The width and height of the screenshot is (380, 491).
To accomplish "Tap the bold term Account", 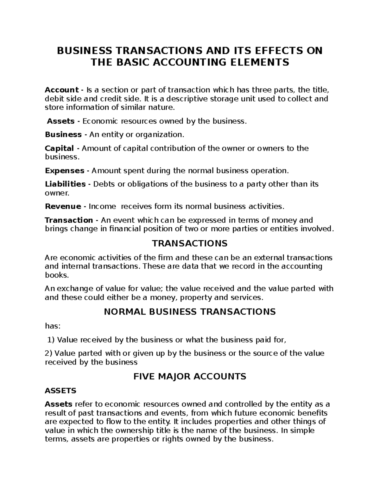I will pyautogui.click(x=61, y=90).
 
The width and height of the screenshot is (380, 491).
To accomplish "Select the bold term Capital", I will pyautogui.click(x=59, y=148).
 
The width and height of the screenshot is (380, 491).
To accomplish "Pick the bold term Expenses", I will pyautogui.click(x=65, y=171).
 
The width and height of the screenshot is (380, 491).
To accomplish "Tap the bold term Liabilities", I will pyautogui.click(x=65, y=184).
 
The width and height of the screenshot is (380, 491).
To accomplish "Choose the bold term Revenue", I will pyautogui.click(x=63, y=206).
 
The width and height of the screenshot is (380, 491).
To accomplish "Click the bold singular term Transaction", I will pyautogui.click(x=69, y=220).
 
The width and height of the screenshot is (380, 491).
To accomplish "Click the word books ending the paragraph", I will pyautogui.click(x=56, y=275).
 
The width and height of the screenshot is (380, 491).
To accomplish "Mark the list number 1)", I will pyautogui.click(x=51, y=340).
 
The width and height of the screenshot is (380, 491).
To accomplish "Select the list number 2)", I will pyautogui.click(x=49, y=353).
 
